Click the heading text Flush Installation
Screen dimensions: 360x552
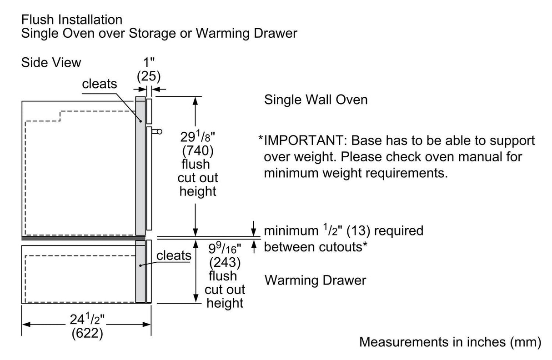click(71, 20)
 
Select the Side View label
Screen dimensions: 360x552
click(51, 62)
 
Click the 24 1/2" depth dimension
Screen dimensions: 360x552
click(87, 319)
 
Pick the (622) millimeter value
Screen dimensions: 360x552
click(87, 333)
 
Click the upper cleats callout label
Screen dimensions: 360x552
click(100, 84)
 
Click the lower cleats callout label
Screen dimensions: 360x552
click(174, 255)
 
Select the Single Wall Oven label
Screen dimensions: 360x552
click(316, 100)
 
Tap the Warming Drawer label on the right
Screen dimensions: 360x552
click(315, 280)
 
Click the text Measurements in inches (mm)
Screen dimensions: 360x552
click(450, 342)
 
